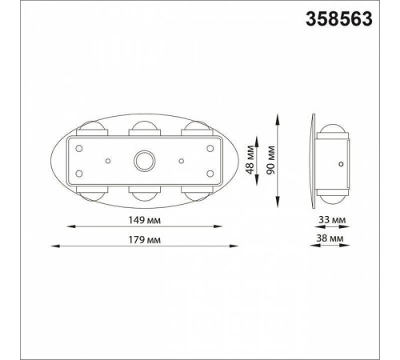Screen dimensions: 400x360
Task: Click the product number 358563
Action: pos(339,19)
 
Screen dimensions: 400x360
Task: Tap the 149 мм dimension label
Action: pos(145,220)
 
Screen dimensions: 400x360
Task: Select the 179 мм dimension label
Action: pos(145,240)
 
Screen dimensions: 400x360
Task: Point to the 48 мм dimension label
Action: pos(250,159)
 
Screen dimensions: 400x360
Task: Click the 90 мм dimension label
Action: pos(270,160)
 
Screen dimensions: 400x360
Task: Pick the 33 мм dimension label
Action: pos(332,220)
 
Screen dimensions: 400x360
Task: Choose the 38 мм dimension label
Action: pos(330,238)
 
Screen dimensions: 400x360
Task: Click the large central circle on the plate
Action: pos(144,161)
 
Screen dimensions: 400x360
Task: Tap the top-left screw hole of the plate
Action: pos(79,148)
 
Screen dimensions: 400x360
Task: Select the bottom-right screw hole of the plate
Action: pos(210,174)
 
